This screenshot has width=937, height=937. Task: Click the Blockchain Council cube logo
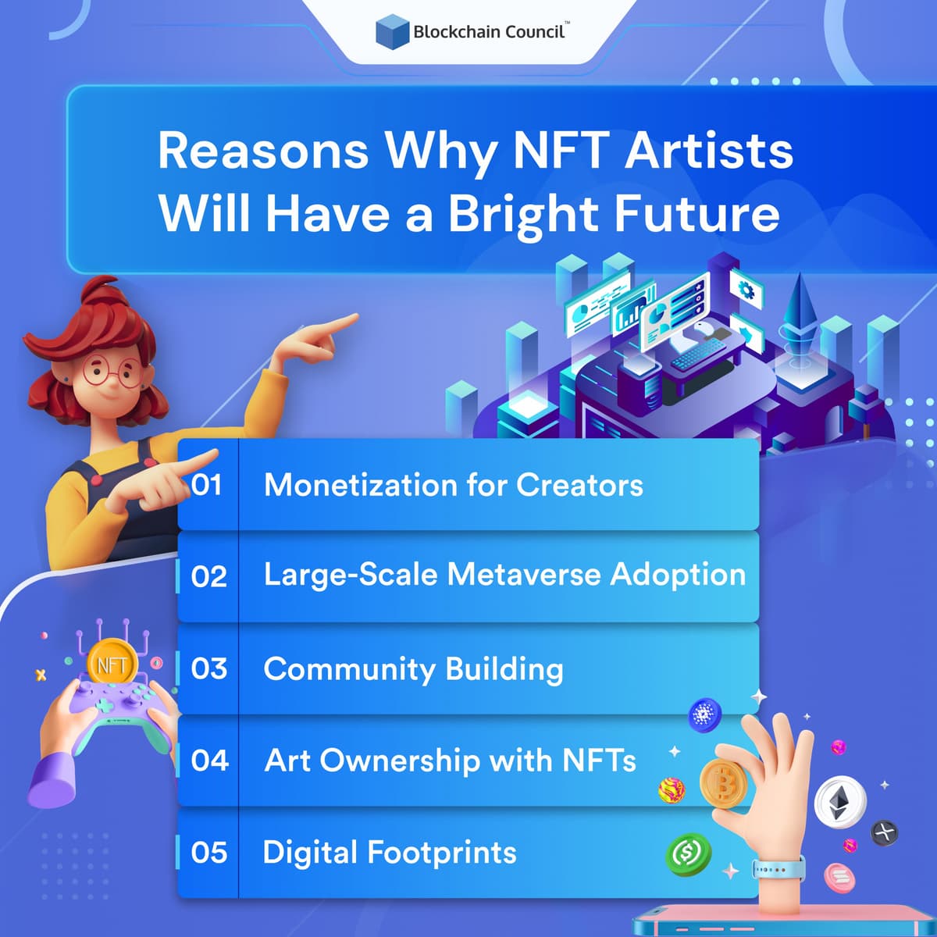coord(392,32)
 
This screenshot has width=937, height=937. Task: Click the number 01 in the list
coord(207,485)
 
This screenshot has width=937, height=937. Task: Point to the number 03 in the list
coord(208,669)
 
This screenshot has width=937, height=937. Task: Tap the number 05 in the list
coord(208,853)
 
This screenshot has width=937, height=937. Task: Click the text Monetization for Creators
coord(453,485)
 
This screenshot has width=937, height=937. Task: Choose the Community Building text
coord(413,669)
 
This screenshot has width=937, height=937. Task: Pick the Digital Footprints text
coord(390,853)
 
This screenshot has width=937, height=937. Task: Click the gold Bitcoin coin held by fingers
coord(722,784)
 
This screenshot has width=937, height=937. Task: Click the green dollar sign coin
coord(688,853)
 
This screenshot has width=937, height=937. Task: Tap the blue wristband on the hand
coord(778,868)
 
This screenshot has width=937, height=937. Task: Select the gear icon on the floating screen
coord(746,291)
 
